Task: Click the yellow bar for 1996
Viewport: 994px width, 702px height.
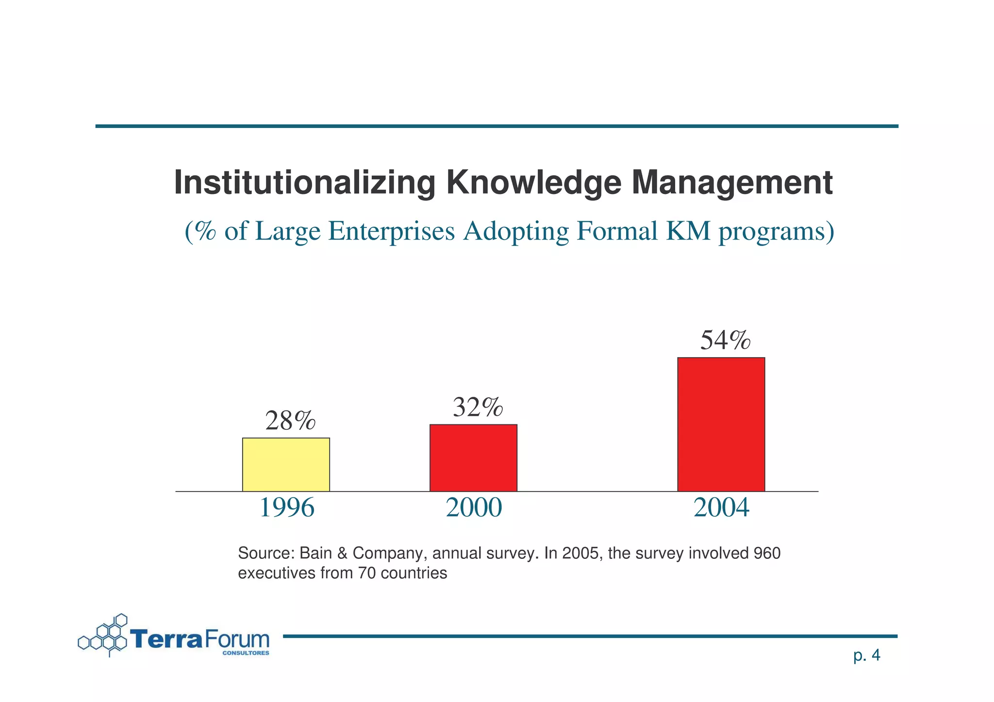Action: coord(286,464)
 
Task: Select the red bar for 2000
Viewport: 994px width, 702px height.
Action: coord(473,457)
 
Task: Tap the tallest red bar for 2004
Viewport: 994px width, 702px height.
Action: coord(721,424)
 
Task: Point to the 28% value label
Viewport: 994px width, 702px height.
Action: coord(290,421)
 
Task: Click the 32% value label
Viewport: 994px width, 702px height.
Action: coord(478,407)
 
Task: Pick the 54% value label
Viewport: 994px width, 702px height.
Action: coord(725,340)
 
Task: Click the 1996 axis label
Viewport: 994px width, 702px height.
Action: coord(287,508)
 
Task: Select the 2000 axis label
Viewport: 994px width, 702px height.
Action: coord(474,508)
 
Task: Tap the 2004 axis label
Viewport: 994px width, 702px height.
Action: coord(721,508)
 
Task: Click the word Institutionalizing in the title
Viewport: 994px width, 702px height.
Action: coord(304,183)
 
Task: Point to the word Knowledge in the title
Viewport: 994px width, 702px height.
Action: coord(533,183)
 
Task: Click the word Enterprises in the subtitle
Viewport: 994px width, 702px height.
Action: coord(391,231)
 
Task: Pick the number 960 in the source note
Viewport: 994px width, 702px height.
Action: coord(767,553)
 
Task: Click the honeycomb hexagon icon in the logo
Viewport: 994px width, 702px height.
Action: coord(104,636)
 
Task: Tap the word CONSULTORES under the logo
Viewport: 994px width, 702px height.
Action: coord(246,653)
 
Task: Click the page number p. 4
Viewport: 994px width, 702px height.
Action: coord(866,655)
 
